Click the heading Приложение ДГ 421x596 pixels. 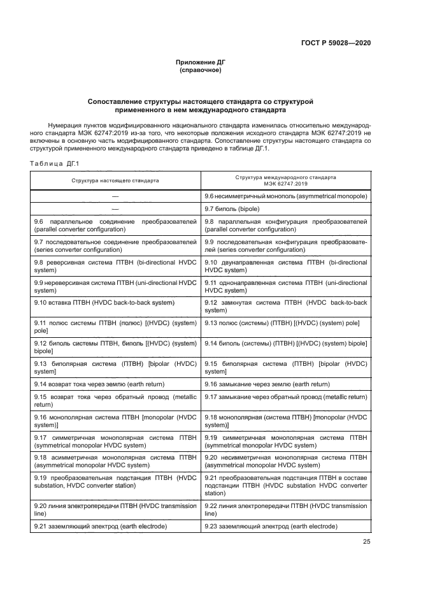coord(201,62)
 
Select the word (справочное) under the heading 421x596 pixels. coord(201,70)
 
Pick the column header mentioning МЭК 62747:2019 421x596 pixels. coord(285,180)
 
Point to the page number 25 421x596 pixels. coord(366,542)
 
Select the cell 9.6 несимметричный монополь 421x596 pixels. coord(285,196)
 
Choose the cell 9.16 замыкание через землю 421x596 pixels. coord(267,384)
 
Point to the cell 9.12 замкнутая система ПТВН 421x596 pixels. coord(285,306)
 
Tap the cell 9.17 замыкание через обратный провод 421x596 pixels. coord(285,396)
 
